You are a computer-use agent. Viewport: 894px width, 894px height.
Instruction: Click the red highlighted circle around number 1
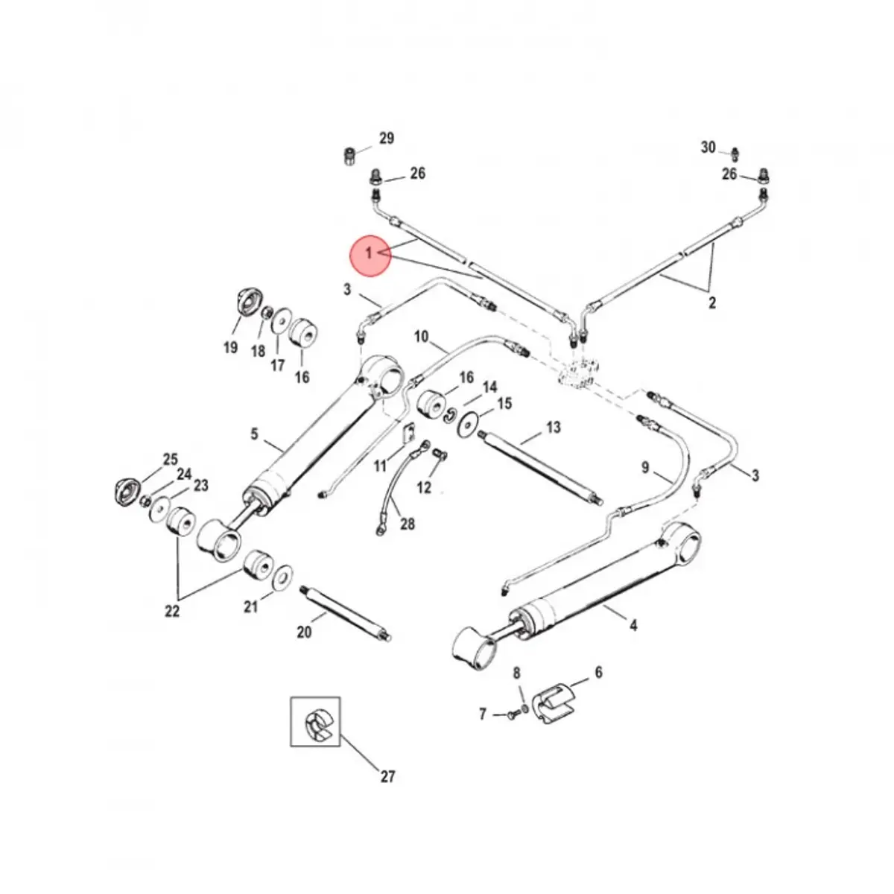pyautogui.click(x=370, y=256)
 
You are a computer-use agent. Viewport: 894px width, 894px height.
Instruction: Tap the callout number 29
pyautogui.click(x=386, y=139)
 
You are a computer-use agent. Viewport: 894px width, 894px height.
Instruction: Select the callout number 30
pyautogui.click(x=708, y=148)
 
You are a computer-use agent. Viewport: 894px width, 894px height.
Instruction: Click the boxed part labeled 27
pyautogui.click(x=315, y=722)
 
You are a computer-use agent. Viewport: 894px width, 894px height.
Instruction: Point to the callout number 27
pyautogui.click(x=387, y=777)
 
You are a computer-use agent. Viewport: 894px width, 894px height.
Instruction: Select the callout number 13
pyautogui.click(x=553, y=428)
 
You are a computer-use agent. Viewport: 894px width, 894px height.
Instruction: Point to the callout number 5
pyautogui.click(x=254, y=434)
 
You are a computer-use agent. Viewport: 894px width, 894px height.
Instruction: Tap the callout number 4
pyautogui.click(x=633, y=626)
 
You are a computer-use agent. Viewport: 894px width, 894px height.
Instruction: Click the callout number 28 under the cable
pyautogui.click(x=408, y=524)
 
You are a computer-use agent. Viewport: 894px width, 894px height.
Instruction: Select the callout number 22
pyautogui.click(x=172, y=611)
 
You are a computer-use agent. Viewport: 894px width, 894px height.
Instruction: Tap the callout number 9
pyautogui.click(x=646, y=468)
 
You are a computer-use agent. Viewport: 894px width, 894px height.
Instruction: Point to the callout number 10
pyautogui.click(x=422, y=337)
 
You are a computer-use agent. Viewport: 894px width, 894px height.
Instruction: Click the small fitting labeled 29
pyautogui.click(x=348, y=157)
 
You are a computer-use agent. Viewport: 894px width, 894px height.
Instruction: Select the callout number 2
pyautogui.click(x=711, y=303)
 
